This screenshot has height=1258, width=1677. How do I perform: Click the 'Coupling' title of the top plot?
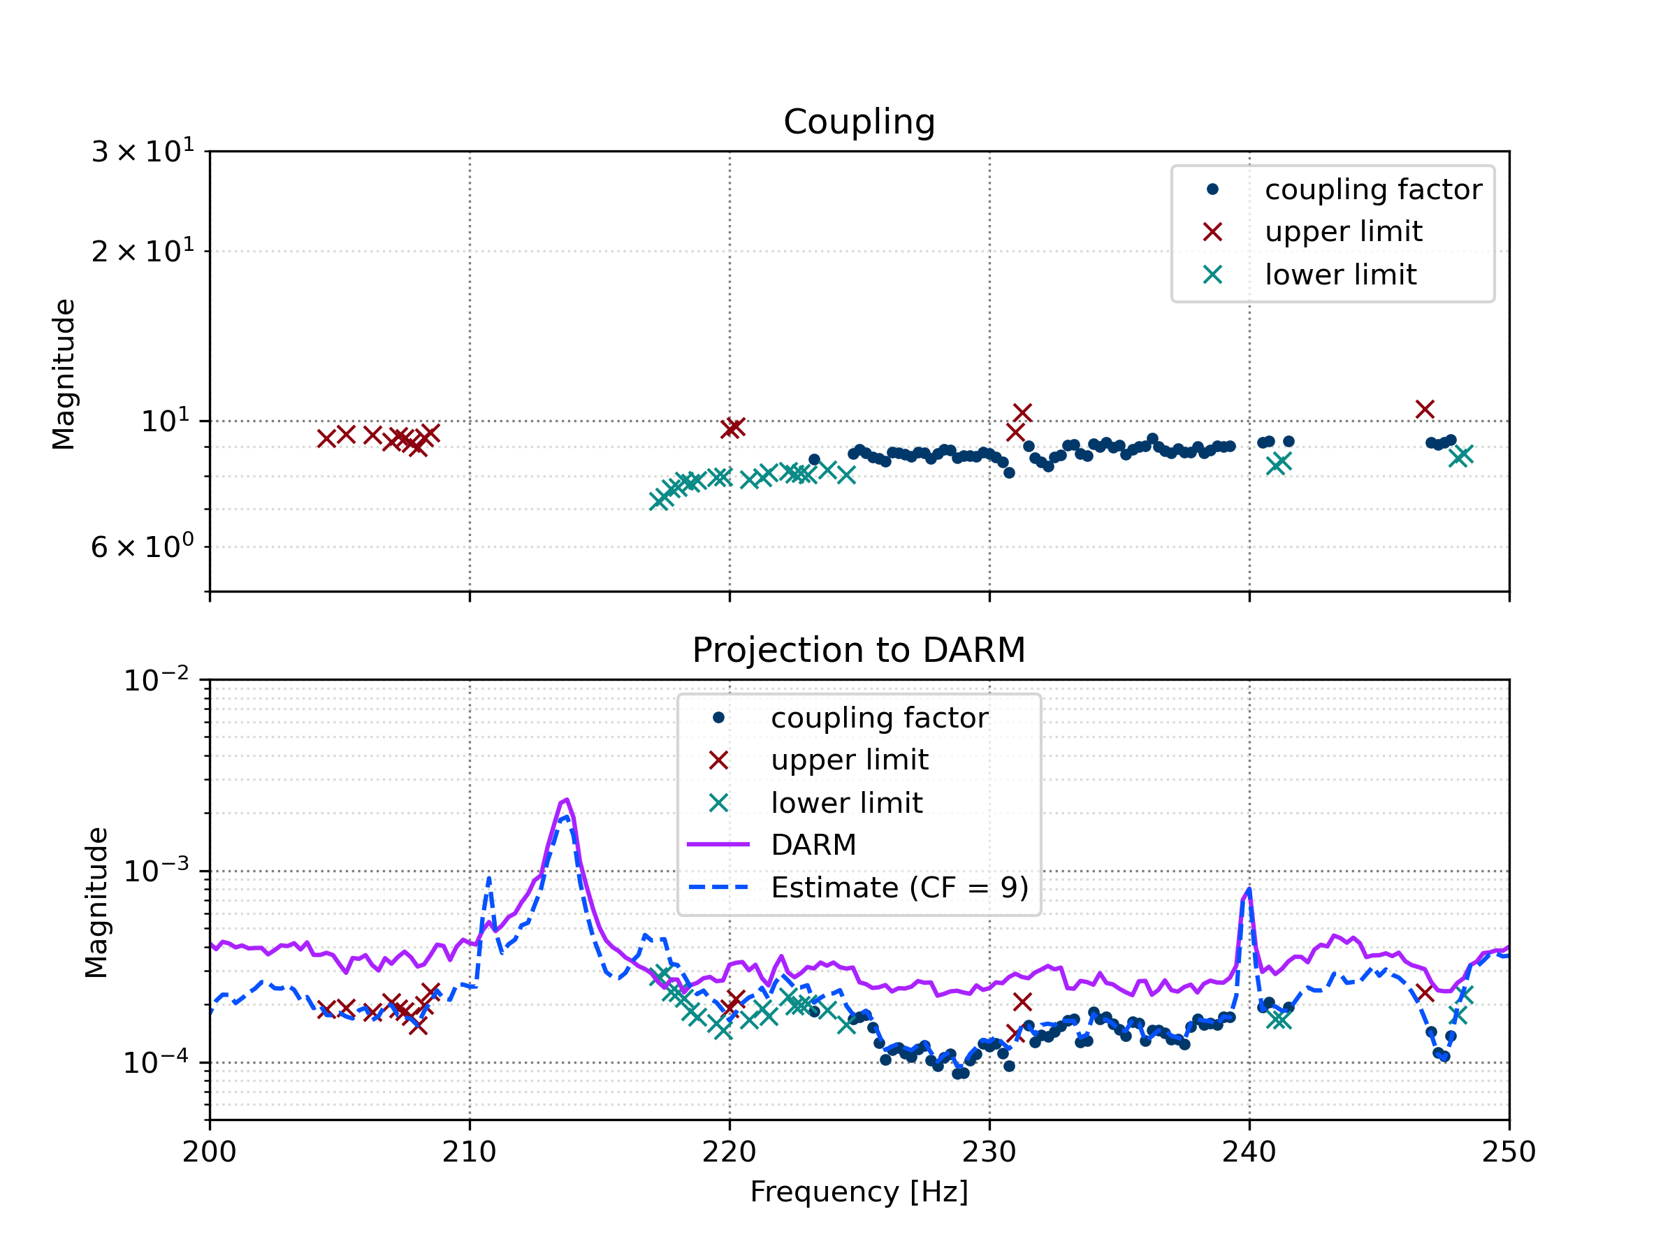[859, 122]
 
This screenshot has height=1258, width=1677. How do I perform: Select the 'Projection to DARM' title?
[859, 651]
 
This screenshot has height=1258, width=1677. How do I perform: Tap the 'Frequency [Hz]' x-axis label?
[859, 1192]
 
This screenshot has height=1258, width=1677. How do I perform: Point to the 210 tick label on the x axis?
[470, 1152]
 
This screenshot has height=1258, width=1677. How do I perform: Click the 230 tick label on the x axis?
[989, 1152]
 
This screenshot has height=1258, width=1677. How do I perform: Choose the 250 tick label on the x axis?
[1509, 1152]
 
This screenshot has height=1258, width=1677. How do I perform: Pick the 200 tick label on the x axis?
[209, 1152]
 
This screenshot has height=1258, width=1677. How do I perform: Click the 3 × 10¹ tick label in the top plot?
[143, 152]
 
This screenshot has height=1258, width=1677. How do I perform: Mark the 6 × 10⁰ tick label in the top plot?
[143, 547]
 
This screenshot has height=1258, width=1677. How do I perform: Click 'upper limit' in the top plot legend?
[1343, 231]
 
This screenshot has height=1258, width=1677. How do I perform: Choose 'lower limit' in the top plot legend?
[1340, 275]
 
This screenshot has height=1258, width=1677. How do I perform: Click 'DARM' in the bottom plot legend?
[813, 845]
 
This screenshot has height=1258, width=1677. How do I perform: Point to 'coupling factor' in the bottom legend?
[879, 718]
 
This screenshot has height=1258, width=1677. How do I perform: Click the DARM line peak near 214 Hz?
[565, 800]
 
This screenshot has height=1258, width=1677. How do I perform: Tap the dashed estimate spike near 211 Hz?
[489, 879]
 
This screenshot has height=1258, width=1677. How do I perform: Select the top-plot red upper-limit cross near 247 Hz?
[1425, 410]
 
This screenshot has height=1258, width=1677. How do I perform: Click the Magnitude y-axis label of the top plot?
[64, 374]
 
